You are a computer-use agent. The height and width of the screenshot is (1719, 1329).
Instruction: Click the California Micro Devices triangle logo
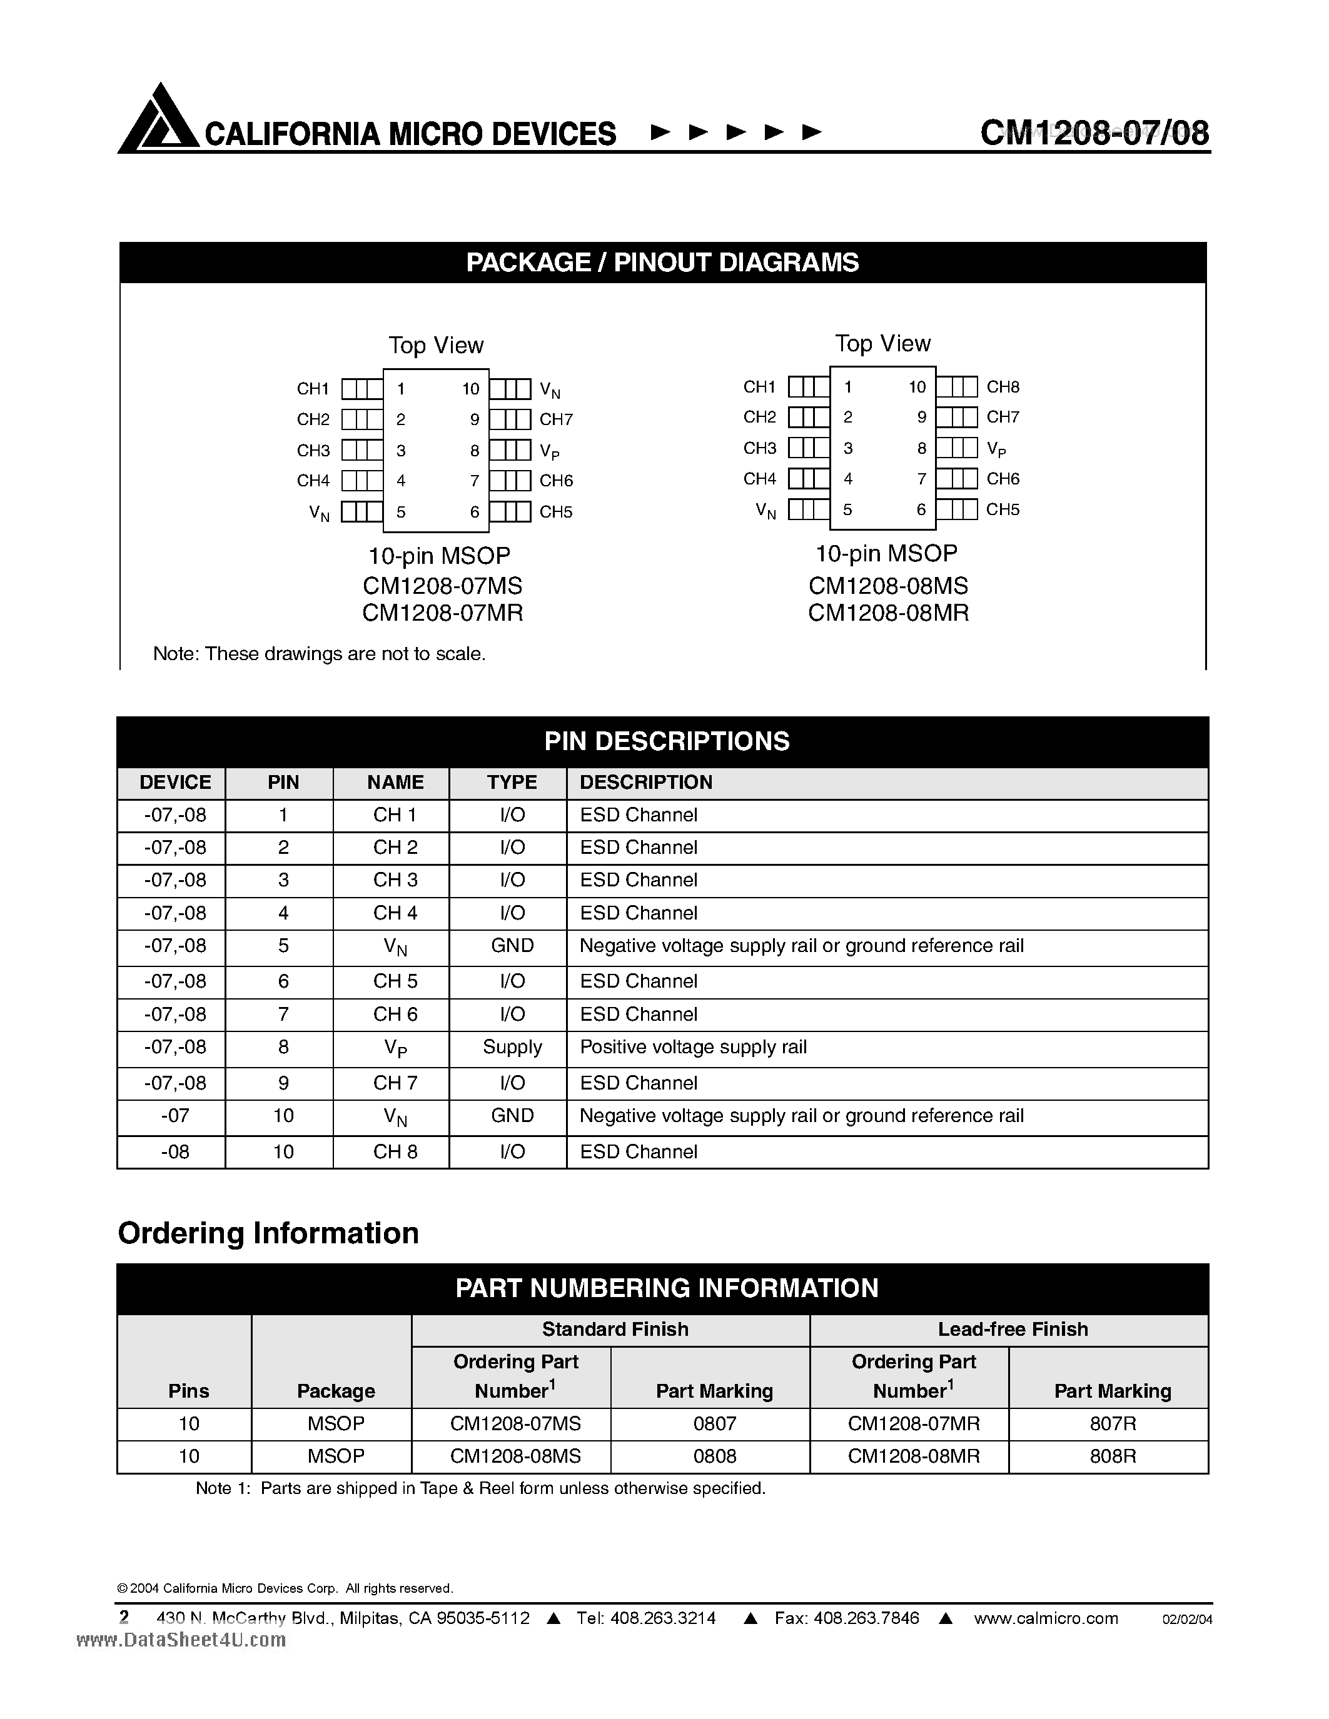click(159, 119)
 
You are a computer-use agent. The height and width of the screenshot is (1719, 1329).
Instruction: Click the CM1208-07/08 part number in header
click(1094, 133)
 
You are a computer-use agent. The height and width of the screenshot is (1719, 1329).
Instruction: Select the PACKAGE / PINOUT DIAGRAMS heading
click(662, 262)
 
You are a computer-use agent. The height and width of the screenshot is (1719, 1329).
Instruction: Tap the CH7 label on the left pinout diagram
click(556, 419)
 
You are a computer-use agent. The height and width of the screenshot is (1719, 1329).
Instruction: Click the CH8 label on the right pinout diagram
click(1003, 386)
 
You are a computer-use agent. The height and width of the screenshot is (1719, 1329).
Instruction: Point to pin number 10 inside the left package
click(470, 389)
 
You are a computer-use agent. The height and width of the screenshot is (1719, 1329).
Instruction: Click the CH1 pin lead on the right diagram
click(808, 386)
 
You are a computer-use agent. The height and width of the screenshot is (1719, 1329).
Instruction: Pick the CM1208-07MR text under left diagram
click(442, 613)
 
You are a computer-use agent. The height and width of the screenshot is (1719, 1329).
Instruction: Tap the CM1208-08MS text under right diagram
click(888, 586)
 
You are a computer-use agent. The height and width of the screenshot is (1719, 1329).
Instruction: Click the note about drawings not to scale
click(319, 653)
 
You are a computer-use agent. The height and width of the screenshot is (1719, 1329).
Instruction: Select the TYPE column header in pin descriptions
click(511, 783)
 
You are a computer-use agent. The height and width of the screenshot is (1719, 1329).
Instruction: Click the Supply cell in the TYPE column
click(512, 1047)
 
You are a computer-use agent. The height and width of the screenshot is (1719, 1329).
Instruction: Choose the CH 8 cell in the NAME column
click(395, 1151)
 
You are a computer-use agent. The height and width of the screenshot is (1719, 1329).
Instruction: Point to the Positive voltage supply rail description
click(693, 1047)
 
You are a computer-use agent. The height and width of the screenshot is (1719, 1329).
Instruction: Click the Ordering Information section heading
click(268, 1233)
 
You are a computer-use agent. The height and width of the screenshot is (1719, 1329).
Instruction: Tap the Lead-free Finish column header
click(1013, 1328)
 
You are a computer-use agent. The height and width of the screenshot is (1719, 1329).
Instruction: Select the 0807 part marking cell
click(714, 1423)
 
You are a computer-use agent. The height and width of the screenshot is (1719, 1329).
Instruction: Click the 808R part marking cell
click(1112, 1456)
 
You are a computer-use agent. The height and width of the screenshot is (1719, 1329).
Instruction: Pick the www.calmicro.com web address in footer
click(1046, 1618)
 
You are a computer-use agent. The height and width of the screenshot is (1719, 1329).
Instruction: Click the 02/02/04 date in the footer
click(1186, 1620)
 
